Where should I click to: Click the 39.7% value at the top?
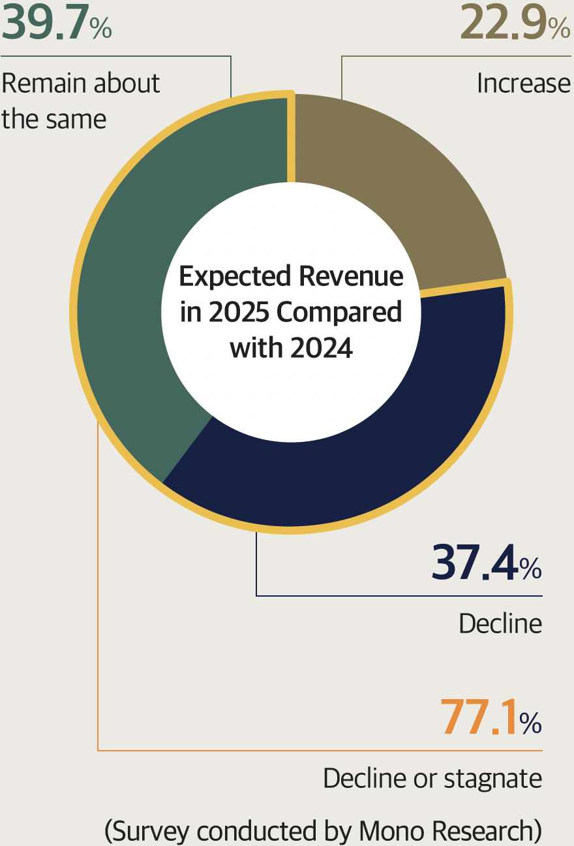pyautogui.click(x=57, y=22)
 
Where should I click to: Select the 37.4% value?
pyautogui.click(x=486, y=563)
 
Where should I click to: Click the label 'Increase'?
pyautogui.click(x=524, y=84)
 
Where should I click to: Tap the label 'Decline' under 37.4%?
pyautogui.click(x=500, y=624)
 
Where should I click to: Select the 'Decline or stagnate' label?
pyautogui.click(x=432, y=778)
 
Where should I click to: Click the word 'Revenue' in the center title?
pyautogui.click(x=352, y=277)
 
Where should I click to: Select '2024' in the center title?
pyautogui.click(x=322, y=347)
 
